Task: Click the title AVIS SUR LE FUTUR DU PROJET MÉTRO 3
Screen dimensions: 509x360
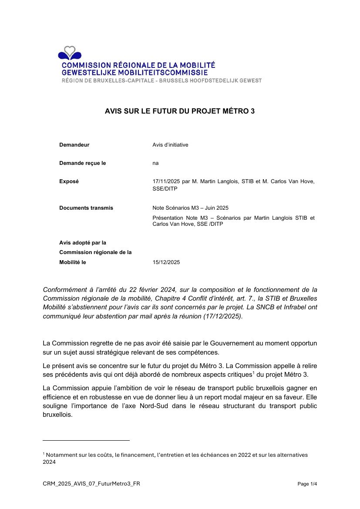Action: coord(180,111)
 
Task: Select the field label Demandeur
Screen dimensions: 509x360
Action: coord(74,145)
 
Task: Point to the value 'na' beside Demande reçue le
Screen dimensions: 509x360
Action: coord(155,163)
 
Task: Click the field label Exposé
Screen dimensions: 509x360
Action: coord(69,181)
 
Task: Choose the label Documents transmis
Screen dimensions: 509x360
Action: coord(86,208)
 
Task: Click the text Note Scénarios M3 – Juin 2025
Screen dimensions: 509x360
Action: coord(190,208)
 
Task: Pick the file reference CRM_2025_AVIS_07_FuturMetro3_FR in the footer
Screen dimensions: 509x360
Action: coord(91,484)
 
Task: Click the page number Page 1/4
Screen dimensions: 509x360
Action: coord(307,484)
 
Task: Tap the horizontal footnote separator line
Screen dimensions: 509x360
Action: coord(86,440)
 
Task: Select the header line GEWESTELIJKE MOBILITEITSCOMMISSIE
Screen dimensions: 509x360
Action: coord(135,73)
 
